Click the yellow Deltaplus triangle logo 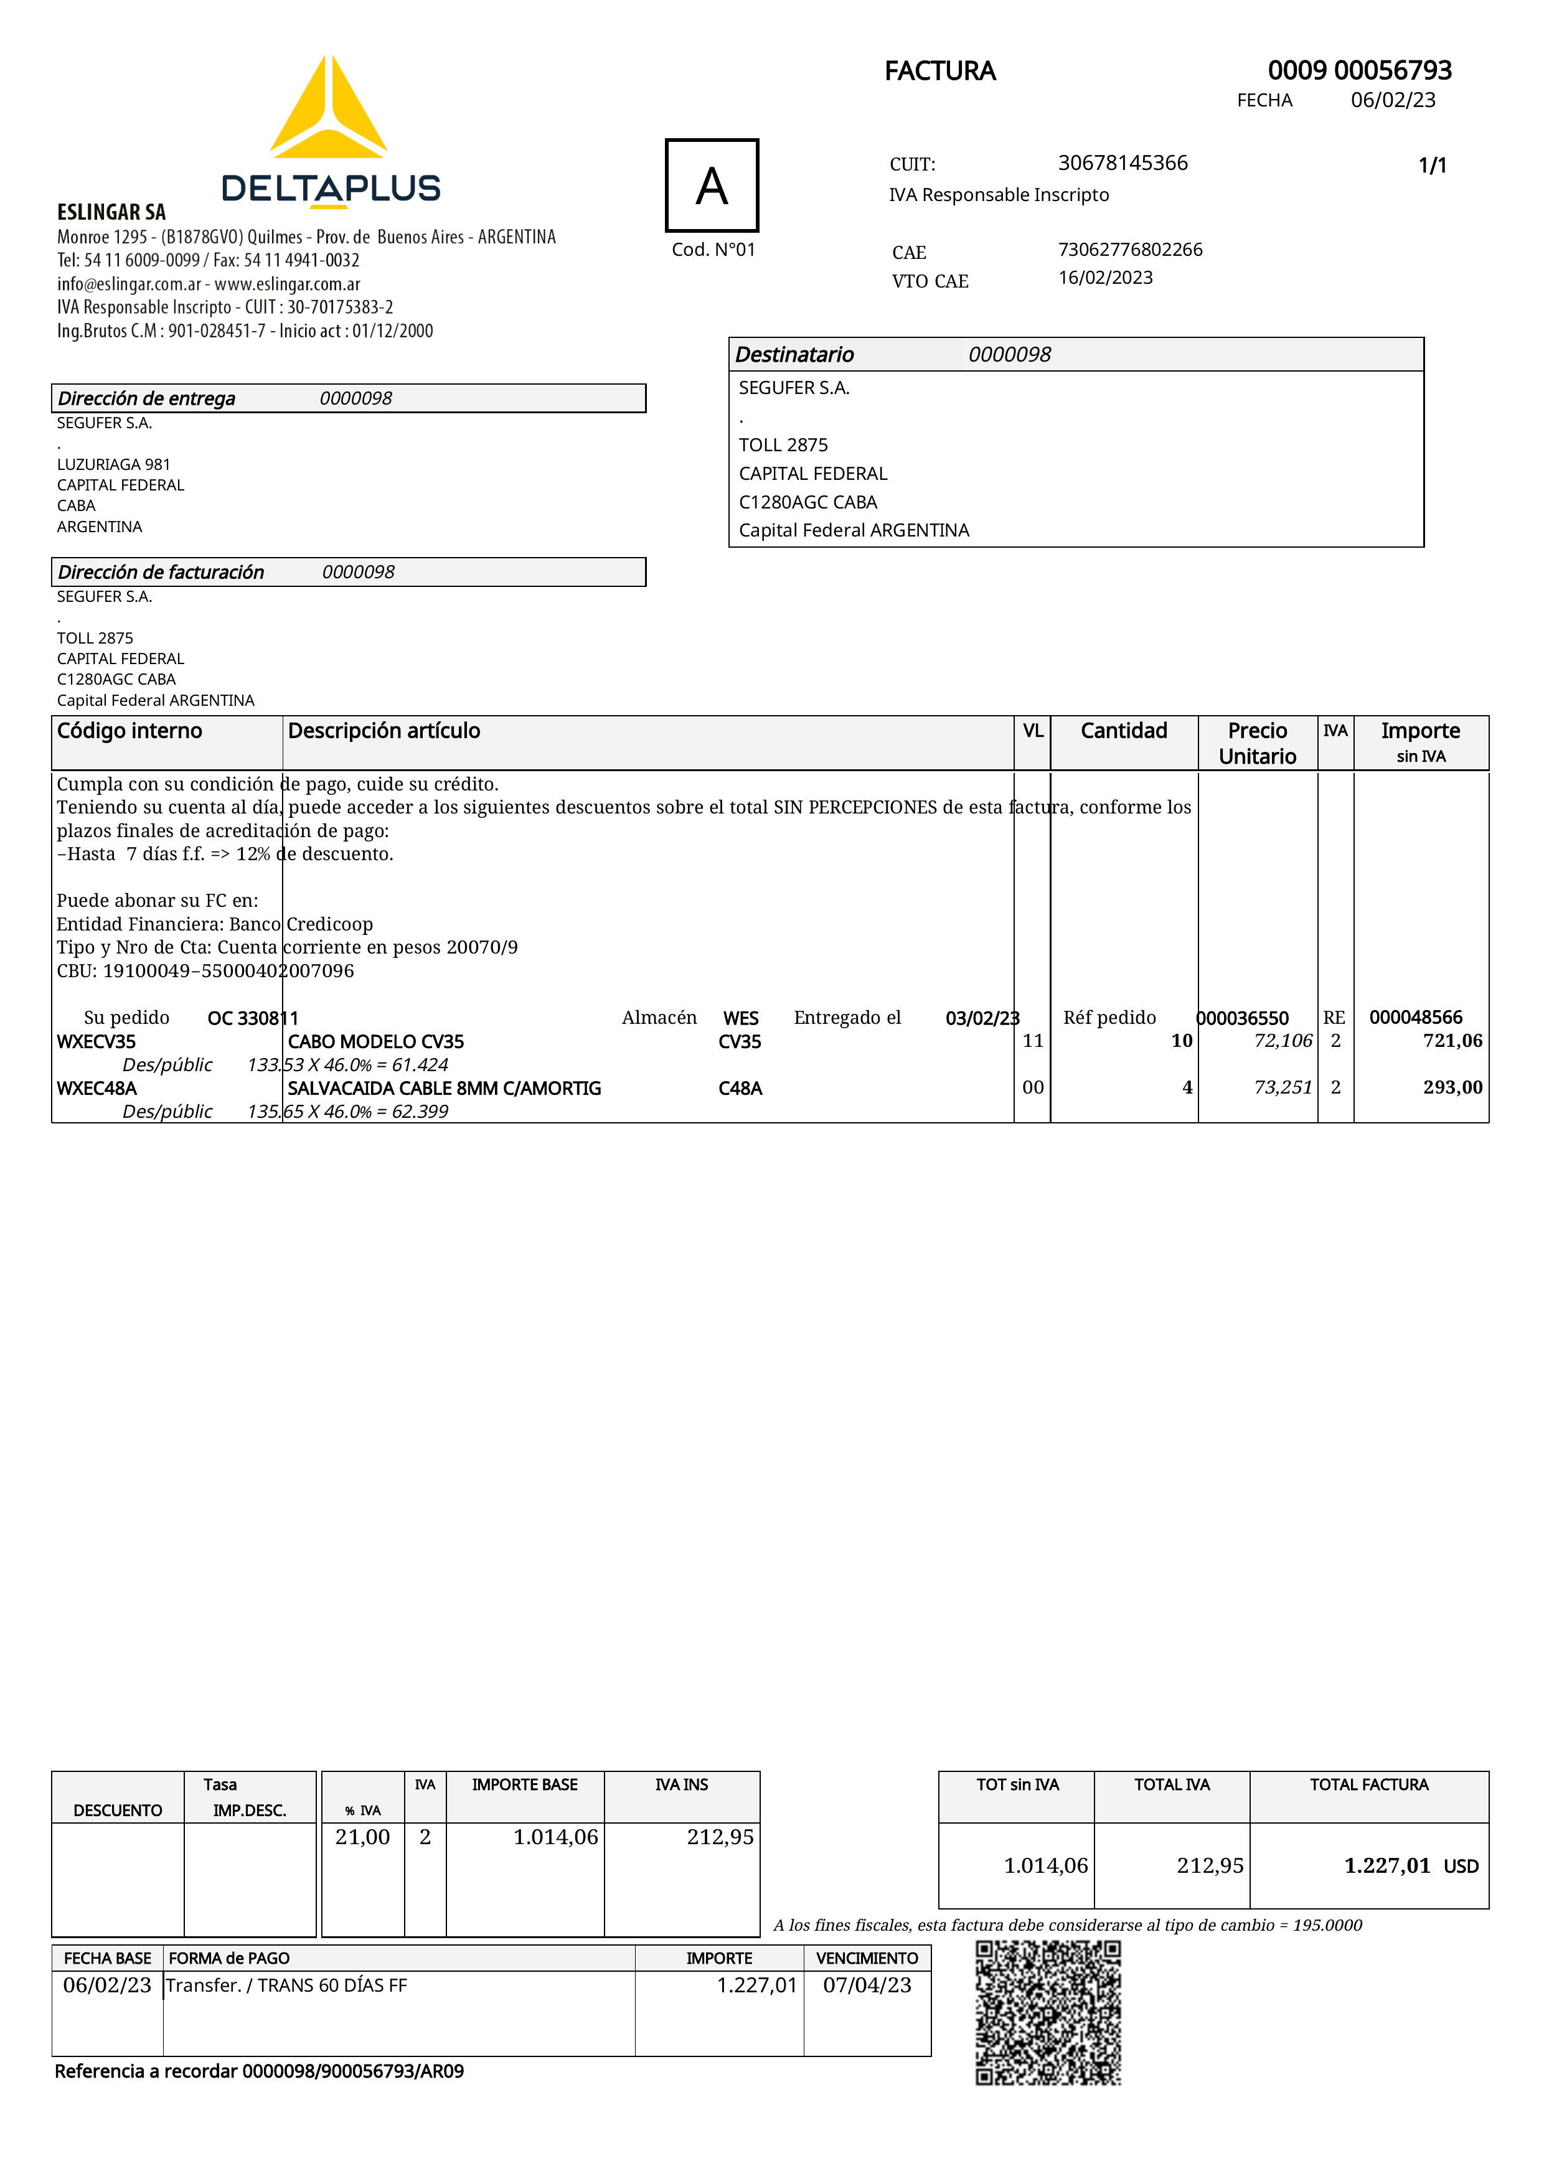pos(328,110)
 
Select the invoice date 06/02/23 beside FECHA pos(1393,101)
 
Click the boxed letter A pos(712,185)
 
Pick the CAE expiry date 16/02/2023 pos(1106,278)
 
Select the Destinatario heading pos(794,355)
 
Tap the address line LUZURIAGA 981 pos(113,464)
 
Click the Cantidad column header pos(1124,731)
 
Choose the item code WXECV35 pos(96,1041)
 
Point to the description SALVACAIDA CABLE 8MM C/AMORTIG pos(445,1088)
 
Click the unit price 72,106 pos(1283,1041)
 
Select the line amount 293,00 pos(1452,1087)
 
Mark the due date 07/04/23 pos(867,1985)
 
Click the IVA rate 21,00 pos(362,1837)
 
